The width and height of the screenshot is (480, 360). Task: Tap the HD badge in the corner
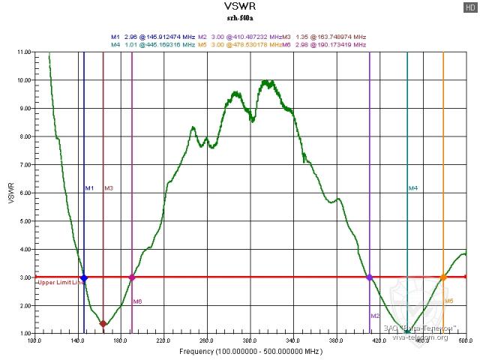point(470,7)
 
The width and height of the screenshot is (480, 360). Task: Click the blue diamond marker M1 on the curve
point(84,277)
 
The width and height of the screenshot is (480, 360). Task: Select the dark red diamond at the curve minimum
point(103,324)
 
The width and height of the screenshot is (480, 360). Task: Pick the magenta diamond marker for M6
point(132,277)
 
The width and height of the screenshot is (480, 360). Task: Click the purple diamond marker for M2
point(369,277)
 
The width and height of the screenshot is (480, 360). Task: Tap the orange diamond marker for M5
point(443,277)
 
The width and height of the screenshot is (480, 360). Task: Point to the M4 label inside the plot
point(413,187)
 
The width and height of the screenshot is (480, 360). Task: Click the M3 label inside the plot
point(109,187)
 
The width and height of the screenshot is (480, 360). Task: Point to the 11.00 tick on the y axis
point(23,52)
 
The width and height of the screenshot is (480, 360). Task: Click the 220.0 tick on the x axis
point(163,340)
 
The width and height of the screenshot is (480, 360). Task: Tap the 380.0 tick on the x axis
point(336,340)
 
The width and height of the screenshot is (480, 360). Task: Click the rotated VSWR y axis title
point(10,193)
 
